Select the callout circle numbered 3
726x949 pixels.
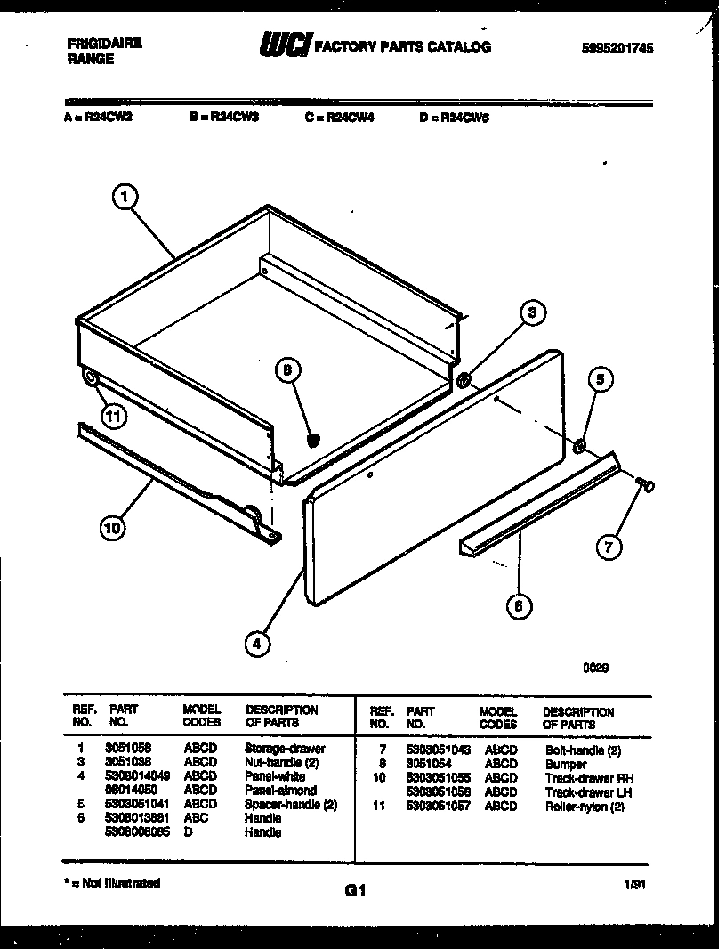531,312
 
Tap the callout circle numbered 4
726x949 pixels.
256,645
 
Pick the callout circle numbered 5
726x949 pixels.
600,379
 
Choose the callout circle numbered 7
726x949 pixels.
608,547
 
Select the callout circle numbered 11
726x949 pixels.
112,414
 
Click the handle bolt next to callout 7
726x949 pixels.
646,483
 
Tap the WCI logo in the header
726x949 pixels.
282,45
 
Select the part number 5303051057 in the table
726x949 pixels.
437,806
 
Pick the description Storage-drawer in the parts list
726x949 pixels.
285,749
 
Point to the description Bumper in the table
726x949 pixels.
566,765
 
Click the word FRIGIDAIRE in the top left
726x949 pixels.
104,43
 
